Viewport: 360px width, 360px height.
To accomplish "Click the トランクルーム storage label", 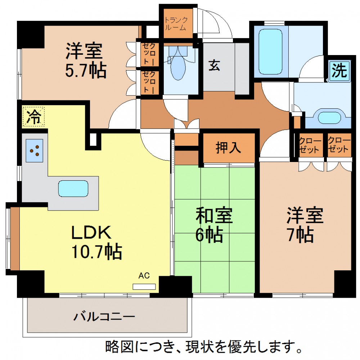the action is point(176,24).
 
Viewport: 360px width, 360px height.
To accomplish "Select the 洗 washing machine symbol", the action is point(339,71).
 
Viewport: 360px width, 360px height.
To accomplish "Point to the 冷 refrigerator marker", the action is point(33,116).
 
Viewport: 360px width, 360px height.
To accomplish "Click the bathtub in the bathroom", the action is point(270,51).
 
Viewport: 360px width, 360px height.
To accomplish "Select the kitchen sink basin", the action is point(73,189).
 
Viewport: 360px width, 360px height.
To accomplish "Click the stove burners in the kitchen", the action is point(35,150).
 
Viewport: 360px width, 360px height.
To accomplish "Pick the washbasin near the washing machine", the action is point(329,117).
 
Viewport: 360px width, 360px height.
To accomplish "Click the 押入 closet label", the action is point(228,148).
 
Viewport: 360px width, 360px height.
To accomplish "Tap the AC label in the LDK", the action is point(144,275).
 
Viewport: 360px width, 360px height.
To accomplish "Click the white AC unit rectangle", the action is point(144,287).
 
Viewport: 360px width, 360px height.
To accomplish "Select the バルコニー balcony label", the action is point(104,316).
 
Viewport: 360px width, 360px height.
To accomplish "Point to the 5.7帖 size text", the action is point(86,70).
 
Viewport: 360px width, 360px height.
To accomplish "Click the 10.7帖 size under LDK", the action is point(96,252).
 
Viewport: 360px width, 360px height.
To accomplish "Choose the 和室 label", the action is point(214,215).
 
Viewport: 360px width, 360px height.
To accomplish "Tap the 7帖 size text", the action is point(301,235).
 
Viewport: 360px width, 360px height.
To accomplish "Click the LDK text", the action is point(91,232).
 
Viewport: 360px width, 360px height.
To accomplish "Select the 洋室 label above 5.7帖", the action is point(84,51).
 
